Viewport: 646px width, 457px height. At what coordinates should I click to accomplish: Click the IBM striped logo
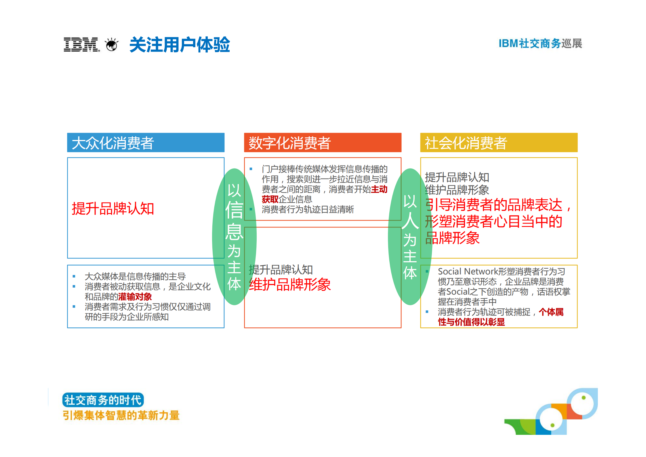tap(81, 45)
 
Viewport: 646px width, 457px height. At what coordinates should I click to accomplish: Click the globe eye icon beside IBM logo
tap(112, 45)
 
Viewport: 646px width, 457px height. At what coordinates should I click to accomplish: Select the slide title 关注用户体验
tap(180, 45)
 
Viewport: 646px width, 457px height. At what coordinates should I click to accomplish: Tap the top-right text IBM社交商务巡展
tap(540, 43)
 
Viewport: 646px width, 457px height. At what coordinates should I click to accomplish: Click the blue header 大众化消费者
tap(113, 143)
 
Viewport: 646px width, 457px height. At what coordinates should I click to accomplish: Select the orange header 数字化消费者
tap(289, 143)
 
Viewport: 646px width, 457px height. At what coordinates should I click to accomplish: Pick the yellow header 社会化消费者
tap(466, 143)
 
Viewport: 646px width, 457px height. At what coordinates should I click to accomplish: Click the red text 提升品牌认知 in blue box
tap(113, 208)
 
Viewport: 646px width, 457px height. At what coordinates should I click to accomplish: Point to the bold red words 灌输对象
tap(135, 297)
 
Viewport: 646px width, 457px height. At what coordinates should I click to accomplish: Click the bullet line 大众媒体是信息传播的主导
tap(135, 276)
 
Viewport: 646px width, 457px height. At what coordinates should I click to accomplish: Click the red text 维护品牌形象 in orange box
tap(289, 285)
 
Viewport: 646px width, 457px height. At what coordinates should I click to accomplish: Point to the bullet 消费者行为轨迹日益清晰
tap(308, 209)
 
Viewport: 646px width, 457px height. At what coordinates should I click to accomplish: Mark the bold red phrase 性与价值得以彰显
tap(471, 322)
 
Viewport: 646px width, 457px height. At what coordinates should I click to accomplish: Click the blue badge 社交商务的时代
tap(103, 400)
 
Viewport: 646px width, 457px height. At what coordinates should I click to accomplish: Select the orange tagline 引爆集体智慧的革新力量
tap(121, 415)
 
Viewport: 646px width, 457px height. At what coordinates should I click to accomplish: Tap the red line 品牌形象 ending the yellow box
tap(452, 238)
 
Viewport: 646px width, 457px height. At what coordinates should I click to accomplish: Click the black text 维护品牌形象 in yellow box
tap(457, 190)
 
